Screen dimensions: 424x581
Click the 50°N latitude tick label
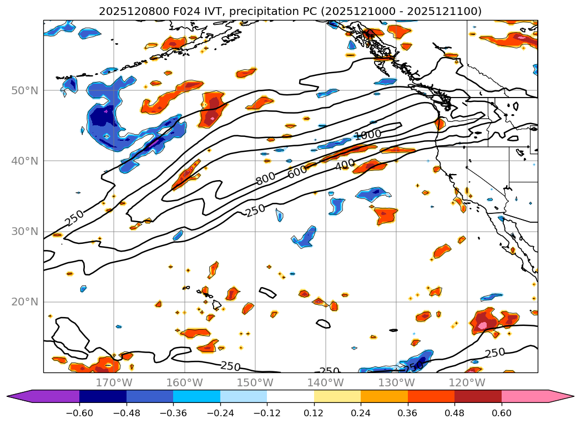click(x=24, y=90)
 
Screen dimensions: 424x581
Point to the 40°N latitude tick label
click(x=24, y=161)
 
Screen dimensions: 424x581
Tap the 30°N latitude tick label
click(x=24, y=231)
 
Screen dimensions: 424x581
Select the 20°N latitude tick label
click(x=24, y=302)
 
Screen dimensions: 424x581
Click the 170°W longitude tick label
click(x=114, y=382)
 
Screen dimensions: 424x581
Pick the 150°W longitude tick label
click(x=255, y=382)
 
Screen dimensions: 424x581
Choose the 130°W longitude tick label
click(x=396, y=382)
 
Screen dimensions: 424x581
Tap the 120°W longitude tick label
click(x=467, y=382)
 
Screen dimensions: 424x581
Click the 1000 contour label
click(x=367, y=135)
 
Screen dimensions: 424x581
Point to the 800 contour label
click(x=265, y=179)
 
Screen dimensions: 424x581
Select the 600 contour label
click(x=297, y=172)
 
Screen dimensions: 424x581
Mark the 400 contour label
click(x=345, y=164)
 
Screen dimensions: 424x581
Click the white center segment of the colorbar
click(x=290, y=396)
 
